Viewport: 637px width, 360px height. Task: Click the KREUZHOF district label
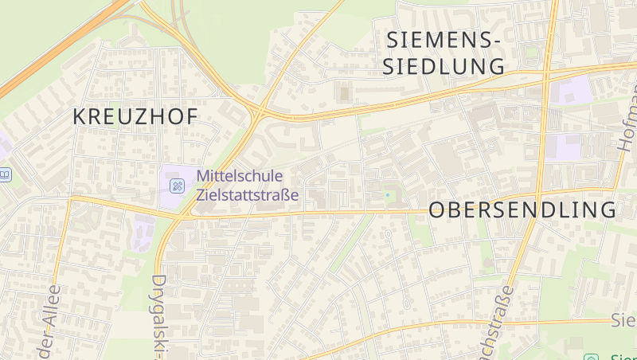[135, 116]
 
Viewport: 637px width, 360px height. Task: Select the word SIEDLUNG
[443, 66]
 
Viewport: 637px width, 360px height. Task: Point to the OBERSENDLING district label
[522, 210]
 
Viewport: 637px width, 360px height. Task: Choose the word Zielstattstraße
[248, 194]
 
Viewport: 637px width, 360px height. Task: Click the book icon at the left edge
[4, 174]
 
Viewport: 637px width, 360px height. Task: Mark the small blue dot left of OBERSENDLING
[388, 194]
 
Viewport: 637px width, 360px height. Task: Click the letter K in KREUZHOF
[80, 116]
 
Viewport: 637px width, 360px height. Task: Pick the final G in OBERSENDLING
[608, 210]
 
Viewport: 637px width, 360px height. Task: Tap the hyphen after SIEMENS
[495, 39]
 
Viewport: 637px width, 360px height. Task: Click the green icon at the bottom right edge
[590, 358]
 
